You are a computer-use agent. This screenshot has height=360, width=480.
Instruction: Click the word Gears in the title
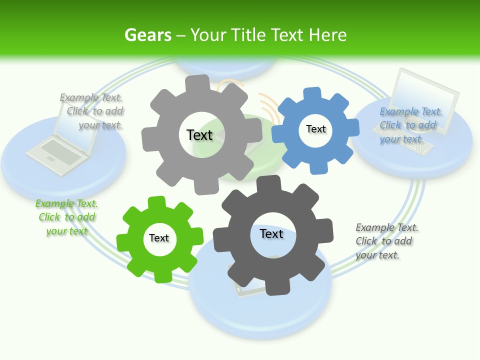147,35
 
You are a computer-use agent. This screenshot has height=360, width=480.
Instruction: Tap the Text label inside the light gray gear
199,135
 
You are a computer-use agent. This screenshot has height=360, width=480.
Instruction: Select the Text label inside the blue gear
316,129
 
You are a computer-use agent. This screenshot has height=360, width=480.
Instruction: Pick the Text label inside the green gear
159,238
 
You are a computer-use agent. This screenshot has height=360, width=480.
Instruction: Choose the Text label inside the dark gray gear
271,233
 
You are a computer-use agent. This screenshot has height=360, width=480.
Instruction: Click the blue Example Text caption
410,125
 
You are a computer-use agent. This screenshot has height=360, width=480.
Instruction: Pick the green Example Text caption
66,217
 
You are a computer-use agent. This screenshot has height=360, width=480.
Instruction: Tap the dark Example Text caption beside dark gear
386,241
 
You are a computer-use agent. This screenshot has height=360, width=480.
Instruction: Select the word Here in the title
327,35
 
